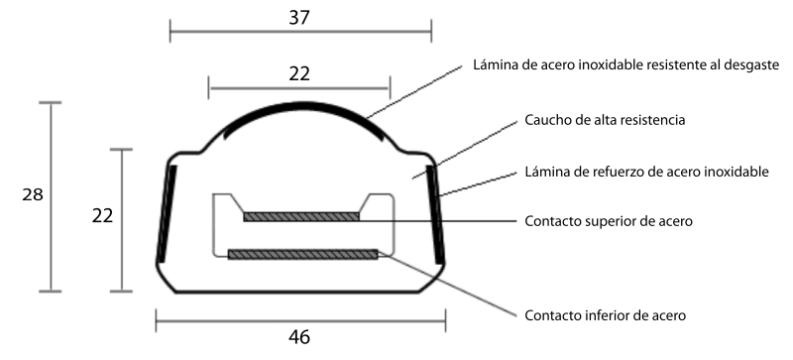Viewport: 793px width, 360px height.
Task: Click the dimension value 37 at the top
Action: (x=299, y=18)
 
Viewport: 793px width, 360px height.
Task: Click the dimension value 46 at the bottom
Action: (x=299, y=337)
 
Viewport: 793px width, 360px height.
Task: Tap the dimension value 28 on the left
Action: (x=33, y=194)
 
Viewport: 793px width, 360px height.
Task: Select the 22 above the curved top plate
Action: (x=299, y=74)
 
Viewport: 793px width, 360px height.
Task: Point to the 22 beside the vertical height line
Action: (x=102, y=216)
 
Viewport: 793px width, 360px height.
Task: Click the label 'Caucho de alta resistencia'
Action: (x=605, y=120)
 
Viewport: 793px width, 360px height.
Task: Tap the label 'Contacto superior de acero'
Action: (x=609, y=221)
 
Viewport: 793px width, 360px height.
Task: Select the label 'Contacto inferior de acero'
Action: (x=605, y=315)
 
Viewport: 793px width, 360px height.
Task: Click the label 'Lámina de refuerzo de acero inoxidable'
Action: (x=646, y=172)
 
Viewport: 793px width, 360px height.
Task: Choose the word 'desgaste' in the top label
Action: (x=751, y=65)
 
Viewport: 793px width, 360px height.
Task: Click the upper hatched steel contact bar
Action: (x=301, y=217)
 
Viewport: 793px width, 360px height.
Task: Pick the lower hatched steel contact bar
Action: (x=303, y=254)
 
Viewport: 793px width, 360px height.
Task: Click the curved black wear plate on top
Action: (x=302, y=105)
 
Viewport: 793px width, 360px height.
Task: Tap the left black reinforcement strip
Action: (x=167, y=213)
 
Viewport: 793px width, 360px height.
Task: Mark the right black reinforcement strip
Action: (x=435, y=213)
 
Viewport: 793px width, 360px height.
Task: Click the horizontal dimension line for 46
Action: (x=301, y=320)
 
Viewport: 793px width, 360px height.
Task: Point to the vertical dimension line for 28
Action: (x=51, y=197)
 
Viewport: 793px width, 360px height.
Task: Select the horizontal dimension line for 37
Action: (x=300, y=32)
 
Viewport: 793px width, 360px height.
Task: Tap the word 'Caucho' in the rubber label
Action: (x=544, y=120)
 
